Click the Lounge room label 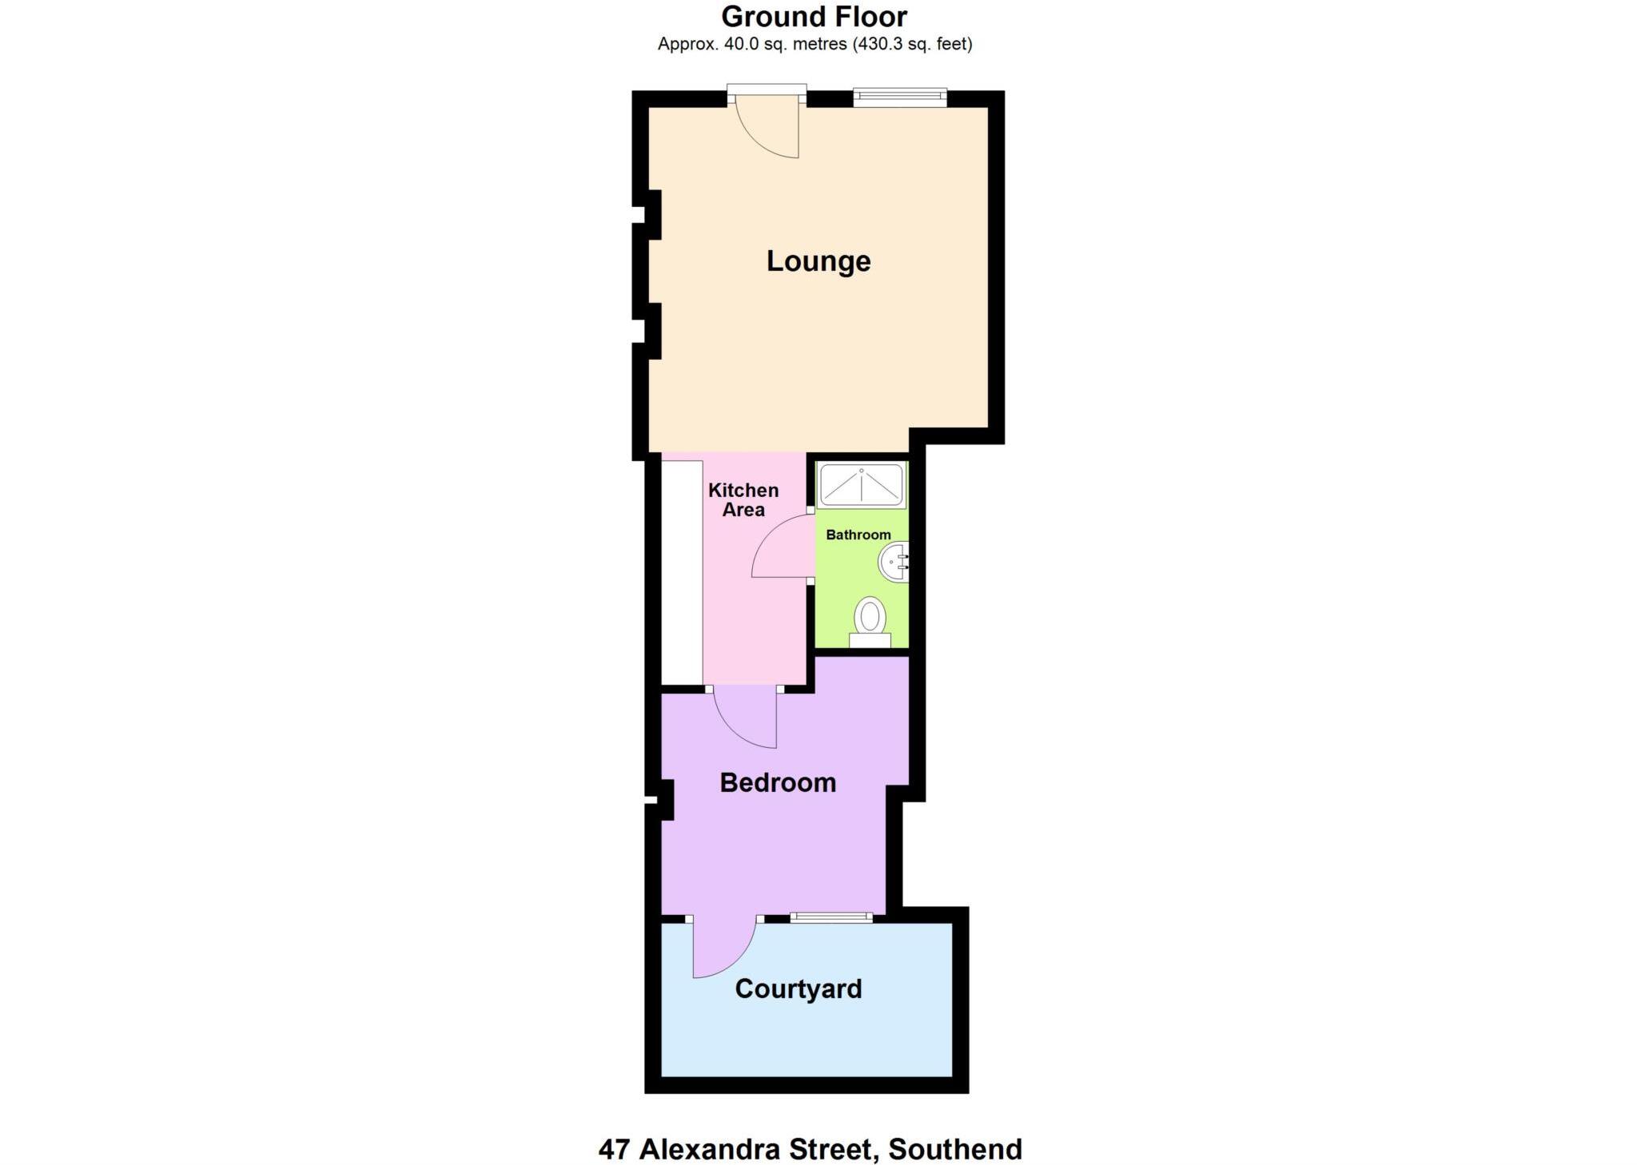click(818, 261)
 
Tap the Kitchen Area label click(743, 500)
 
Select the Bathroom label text click(858, 535)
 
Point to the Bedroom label click(778, 782)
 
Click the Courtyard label click(798, 989)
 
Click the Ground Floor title click(814, 17)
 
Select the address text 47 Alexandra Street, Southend click(810, 1149)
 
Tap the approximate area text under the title click(815, 45)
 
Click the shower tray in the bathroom click(862, 484)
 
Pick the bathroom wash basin click(894, 563)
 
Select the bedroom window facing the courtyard click(831, 917)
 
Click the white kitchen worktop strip click(682, 572)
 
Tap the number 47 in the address click(615, 1149)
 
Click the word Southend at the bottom click(955, 1149)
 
